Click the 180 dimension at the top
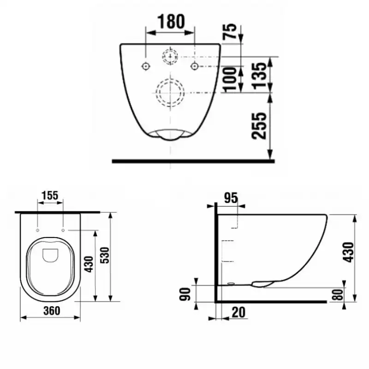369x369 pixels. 171,21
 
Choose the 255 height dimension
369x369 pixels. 260,125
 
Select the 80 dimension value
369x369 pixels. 340,294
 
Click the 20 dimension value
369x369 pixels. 238,312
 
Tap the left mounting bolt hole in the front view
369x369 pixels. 146,66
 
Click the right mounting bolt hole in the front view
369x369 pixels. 195,66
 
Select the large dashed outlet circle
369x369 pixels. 170,91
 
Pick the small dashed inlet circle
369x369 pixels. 170,57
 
